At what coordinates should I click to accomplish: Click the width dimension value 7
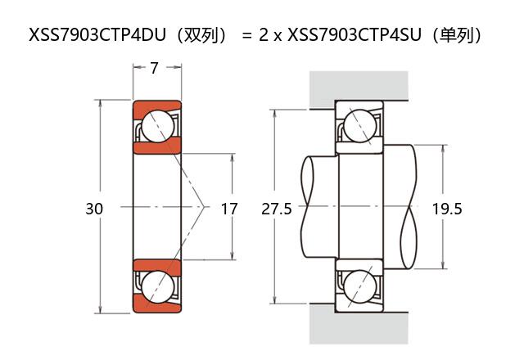click(x=154, y=68)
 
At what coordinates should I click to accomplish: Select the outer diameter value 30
click(x=94, y=209)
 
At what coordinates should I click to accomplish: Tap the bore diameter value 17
click(x=229, y=209)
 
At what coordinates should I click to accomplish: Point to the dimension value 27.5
click(x=277, y=209)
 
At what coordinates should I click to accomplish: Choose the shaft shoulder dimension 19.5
click(x=447, y=209)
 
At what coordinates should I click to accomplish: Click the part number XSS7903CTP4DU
click(x=97, y=34)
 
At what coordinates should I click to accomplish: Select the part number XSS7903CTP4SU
click(x=355, y=34)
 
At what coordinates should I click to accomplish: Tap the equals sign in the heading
click(x=246, y=35)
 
